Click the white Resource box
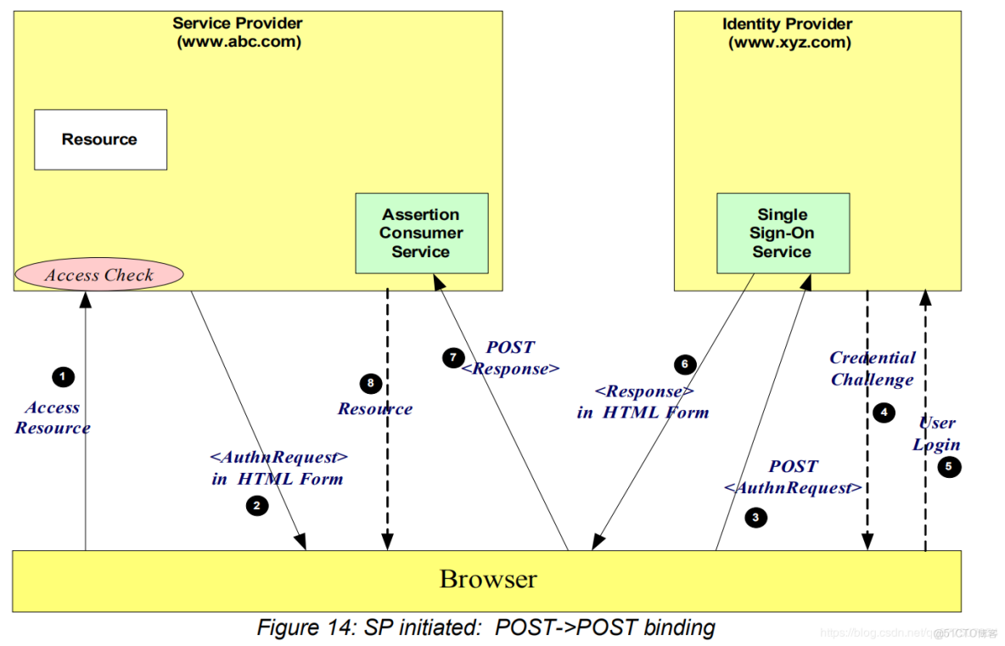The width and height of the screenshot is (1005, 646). pyautogui.click(x=100, y=139)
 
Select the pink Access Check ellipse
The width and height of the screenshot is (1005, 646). pyautogui.click(x=98, y=274)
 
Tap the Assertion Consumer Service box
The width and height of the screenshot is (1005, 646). pyautogui.click(x=421, y=233)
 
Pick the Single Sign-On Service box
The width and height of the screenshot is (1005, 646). pyautogui.click(x=782, y=233)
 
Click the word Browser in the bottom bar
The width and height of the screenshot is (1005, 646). pyautogui.click(x=488, y=580)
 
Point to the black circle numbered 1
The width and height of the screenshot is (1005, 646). pyautogui.click(x=62, y=376)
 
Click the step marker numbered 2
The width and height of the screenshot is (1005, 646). pyautogui.click(x=256, y=506)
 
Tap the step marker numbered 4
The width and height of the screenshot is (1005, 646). pyautogui.click(x=884, y=413)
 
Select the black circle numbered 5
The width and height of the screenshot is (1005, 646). pyautogui.click(x=949, y=465)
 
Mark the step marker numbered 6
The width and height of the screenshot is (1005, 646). pyautogui.click(x=685, y=365)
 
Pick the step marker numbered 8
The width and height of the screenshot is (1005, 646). pyautogui.click(x=370, y=384)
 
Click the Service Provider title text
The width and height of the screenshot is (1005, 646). pyautogui.click(x=238, y=24)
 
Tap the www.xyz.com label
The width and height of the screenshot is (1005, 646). pyautogui.click(x=789, y=42)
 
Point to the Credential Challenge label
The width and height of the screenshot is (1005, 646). pyautogui.click(x=872, y=368)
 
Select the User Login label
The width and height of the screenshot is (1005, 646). pyautogui.click(x=937, y=434)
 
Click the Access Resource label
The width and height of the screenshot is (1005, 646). pyautogui.click(x=53, y=418)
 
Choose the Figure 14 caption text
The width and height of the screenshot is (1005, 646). pyautogui.click(x=486, y=627)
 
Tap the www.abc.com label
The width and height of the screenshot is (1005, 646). pyautogui.click(x=239, y=42)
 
